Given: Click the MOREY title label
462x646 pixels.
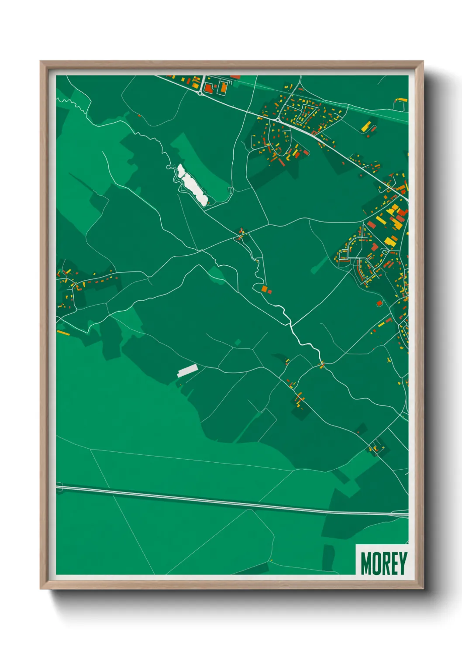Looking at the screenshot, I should pos(384,563).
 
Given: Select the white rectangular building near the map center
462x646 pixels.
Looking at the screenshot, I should pos(187,371).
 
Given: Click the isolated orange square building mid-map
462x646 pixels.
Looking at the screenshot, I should pos(264,289).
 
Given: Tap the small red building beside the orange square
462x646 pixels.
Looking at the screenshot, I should pos(269,291).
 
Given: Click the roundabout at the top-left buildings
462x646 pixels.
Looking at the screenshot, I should pos(200,93).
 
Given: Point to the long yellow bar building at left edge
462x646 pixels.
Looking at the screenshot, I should pos(63,333).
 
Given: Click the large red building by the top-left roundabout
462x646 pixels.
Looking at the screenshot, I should pos(208,88).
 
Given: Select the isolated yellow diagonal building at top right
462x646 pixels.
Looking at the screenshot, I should pos(366,127).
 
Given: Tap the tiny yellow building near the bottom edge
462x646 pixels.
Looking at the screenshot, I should pos(271,560).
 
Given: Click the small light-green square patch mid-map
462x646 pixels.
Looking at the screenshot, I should pos(238,342).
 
